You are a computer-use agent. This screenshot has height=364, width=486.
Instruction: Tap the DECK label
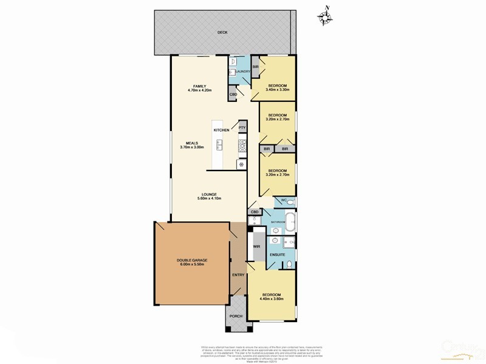(x=223, y=32)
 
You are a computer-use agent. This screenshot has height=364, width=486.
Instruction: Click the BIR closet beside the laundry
(x=255, y=67)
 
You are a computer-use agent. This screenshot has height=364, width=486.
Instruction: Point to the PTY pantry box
(x=242, y=127)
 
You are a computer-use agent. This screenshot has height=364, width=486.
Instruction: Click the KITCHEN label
(x=221, y=130)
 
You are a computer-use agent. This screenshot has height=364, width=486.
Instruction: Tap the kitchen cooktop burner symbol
(x=241, y=146)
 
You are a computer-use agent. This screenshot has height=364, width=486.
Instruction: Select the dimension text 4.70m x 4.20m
(x=200, y=90)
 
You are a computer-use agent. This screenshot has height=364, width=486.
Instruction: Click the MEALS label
(x=191, y=143)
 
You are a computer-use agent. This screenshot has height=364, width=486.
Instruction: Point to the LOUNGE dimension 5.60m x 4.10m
(x=200, y=198)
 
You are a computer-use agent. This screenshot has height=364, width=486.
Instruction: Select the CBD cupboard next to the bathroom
(x=255, y=212)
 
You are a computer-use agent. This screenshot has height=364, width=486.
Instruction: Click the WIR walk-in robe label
(x=257, y=246)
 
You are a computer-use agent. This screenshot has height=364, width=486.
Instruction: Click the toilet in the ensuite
(x=290, y=263)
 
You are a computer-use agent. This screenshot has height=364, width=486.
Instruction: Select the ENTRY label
(x=238, y=275)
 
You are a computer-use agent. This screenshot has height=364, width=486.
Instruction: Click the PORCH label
(x=236, y=317)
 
